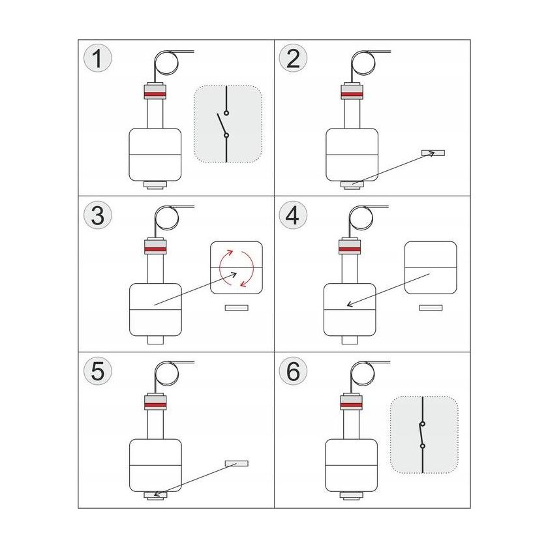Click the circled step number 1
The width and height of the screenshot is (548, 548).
[97, 58]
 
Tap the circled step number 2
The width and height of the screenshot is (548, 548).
[293, 58]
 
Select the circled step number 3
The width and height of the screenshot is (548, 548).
[97, 215]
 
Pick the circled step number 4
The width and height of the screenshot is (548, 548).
[293, 215]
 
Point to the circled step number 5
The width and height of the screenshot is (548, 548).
[97, 371]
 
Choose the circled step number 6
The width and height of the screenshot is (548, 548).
[293, 371]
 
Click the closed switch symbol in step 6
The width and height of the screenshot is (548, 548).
[422, 434]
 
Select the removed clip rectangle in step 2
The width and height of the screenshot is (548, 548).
[433, 153]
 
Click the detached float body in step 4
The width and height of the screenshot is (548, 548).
[431, 267]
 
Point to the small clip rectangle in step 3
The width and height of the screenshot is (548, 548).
[237, 307]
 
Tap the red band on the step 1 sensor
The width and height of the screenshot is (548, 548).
[155, 95]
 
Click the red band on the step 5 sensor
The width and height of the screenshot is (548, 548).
[155, 404]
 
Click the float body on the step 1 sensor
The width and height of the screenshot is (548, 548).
[155, 155]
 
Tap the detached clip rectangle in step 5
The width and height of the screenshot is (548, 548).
[237, 463]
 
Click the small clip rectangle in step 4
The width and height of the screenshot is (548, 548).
[431, 307]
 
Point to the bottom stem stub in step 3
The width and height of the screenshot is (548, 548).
[155, 340]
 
